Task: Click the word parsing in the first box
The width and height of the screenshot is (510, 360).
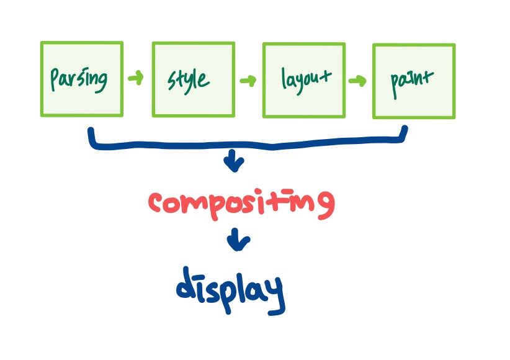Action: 79,79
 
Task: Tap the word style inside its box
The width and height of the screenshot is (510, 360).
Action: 188,80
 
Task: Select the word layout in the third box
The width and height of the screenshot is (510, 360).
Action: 306,81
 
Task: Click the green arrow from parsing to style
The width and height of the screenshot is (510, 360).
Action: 136,78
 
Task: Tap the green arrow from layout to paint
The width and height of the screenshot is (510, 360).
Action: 357,81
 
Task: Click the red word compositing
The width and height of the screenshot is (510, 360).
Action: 241,203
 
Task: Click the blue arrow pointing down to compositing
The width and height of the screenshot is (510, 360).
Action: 235,163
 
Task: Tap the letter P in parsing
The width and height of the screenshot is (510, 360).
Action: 55,79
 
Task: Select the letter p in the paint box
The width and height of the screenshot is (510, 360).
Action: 396,81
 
